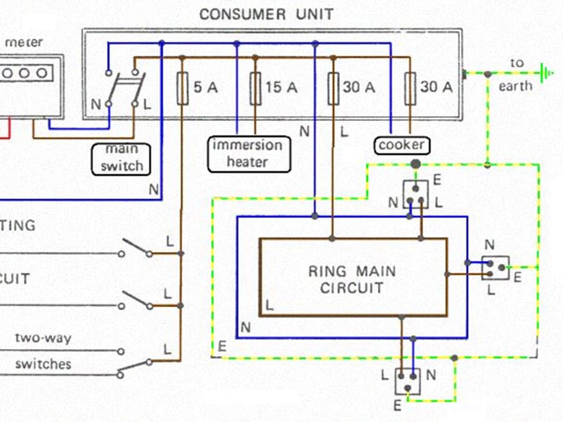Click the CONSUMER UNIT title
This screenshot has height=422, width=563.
(266, 14)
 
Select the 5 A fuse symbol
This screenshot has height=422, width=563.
(182, 88)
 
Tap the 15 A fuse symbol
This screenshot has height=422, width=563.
(256, 88)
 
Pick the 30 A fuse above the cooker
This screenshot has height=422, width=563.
(410, 88)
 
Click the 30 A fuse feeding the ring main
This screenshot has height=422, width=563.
(333, 88)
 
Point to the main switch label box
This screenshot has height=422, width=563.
(122, 158)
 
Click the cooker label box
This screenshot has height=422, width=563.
(401, 145)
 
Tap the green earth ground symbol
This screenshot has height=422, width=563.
(543, 74)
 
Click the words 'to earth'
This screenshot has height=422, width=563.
(516, 74)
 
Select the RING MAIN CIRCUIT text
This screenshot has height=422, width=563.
(352, 280)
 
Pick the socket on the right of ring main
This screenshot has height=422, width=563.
(495, 268)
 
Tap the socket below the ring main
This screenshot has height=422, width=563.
(408, 381)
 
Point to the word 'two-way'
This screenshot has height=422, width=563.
(43, 339)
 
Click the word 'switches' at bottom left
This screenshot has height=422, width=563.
(43, 363)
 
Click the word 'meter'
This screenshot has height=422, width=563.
(24, 42)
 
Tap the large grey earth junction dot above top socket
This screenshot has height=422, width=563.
(415, 164)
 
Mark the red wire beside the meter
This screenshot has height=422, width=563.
(8, 128)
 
